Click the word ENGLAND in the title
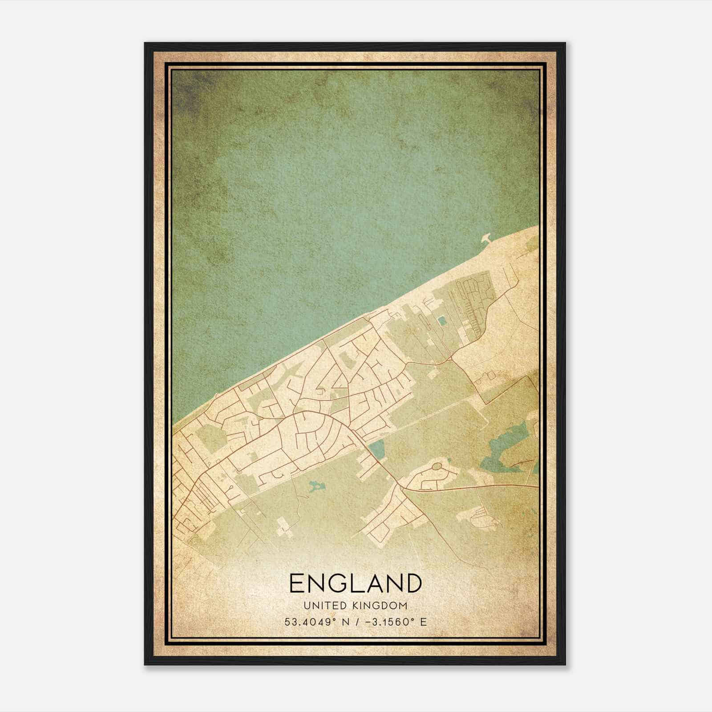click(355, 583)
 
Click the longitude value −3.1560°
click(388, 622)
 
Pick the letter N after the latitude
click(344, 622)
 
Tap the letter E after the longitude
click(423, 622)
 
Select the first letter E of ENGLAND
click(297, 583)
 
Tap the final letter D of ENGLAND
click(413, 583)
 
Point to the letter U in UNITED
click(307, 606)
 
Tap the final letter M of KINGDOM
click(403, 606)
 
